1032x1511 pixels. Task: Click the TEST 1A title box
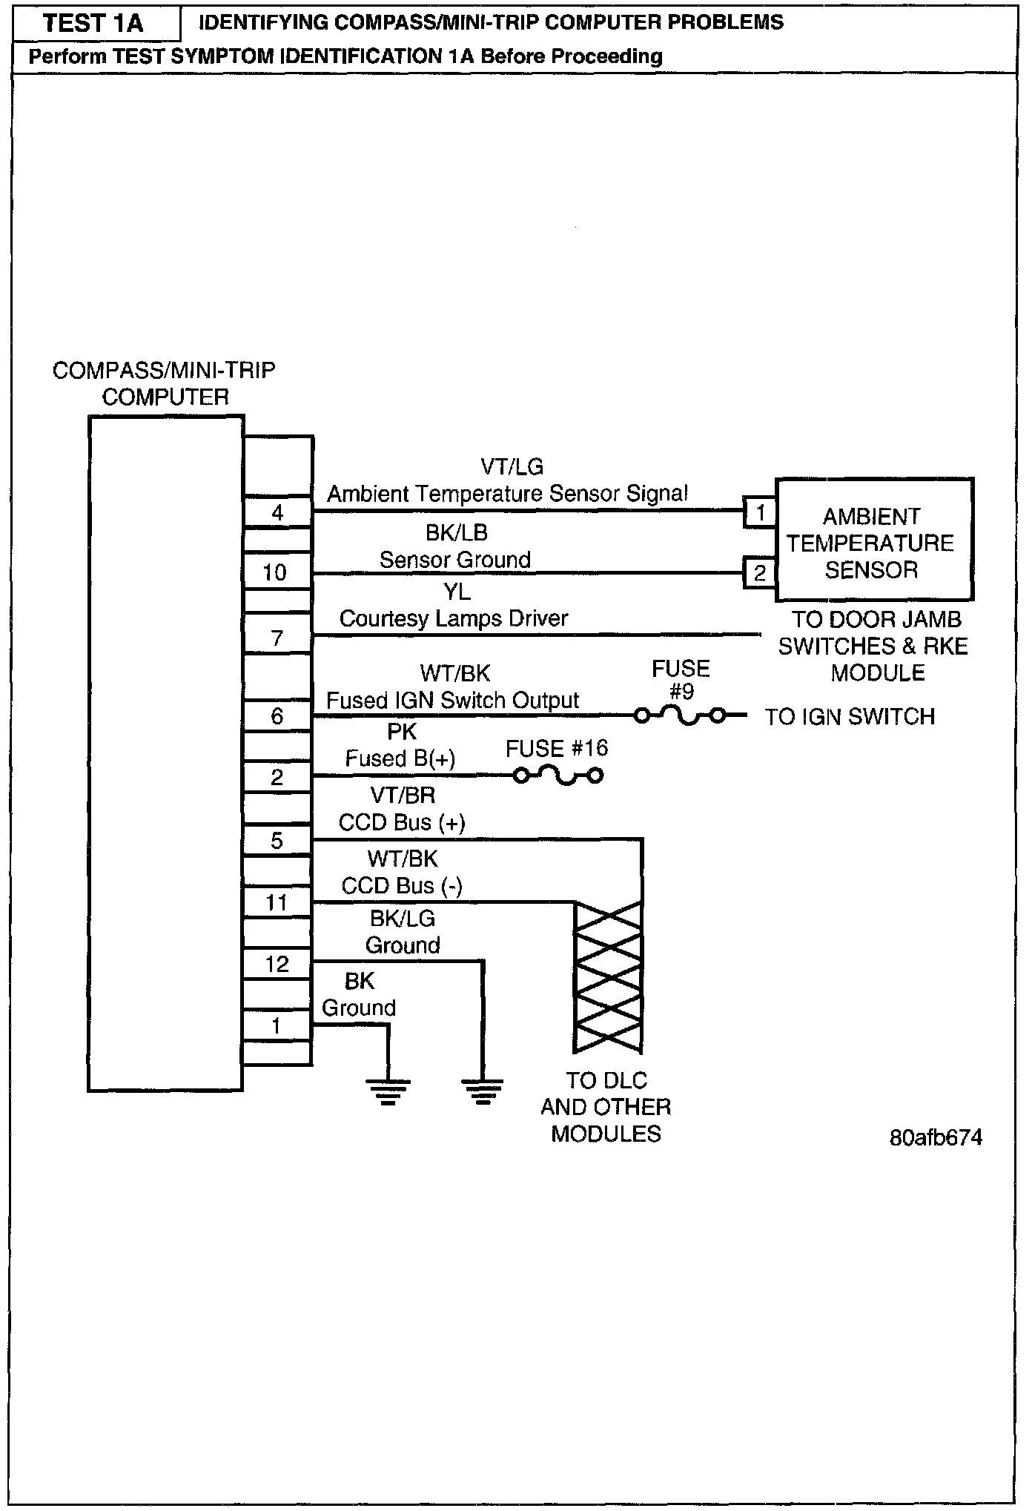point(96,24)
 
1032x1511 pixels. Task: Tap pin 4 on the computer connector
point(277,512)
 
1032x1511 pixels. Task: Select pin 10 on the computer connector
point(275,572)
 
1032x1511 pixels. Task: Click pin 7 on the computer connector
point(277,638)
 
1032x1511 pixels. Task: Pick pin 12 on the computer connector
point(277,964)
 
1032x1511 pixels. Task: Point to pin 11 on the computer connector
point(277,902)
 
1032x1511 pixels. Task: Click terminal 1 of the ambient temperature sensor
point(760,512)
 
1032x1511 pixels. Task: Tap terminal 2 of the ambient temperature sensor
point(760,573)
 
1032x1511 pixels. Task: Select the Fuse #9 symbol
point(681,716)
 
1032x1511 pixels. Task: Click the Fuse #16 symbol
point(559,776)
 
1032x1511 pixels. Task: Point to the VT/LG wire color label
point(512,467)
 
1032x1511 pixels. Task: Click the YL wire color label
point(457,592)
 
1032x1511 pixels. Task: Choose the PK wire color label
point(402,732)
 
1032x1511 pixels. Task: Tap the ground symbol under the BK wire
point(387,1090)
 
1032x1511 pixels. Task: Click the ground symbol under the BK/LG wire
point(483,1090)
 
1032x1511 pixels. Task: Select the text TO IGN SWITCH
point(850,717)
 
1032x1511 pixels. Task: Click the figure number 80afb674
point(936,1138)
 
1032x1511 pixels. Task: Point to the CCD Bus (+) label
point(402,822)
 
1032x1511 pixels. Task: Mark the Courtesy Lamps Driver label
point(454,618)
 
